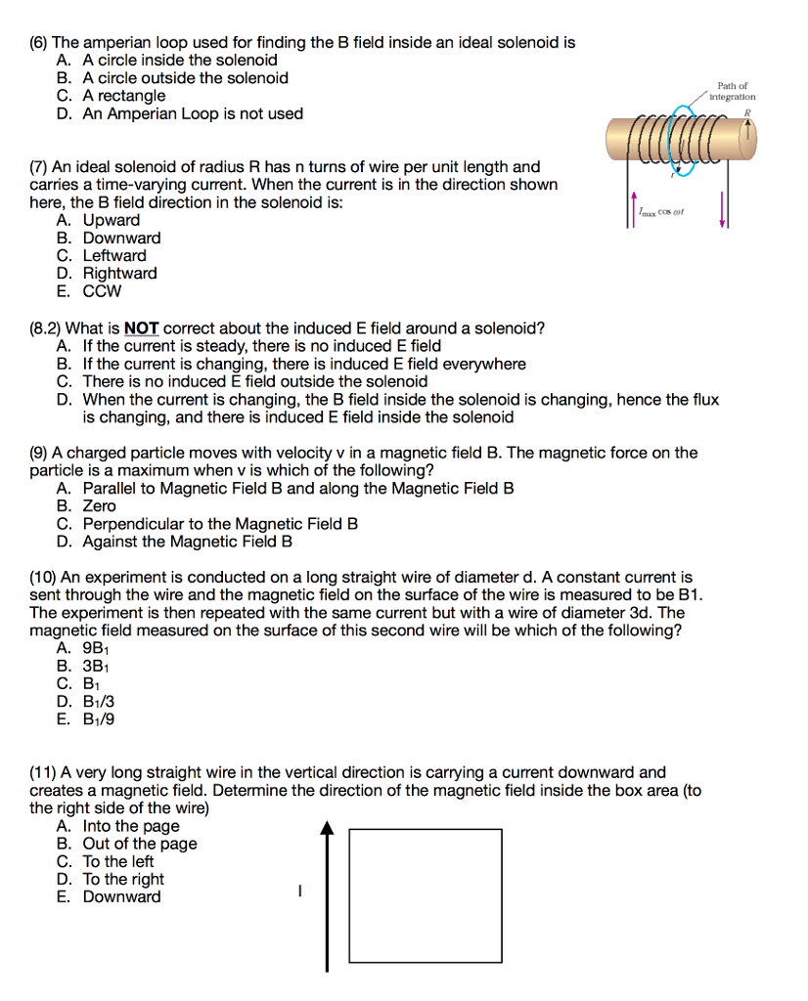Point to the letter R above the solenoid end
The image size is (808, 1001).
tap(746, 112)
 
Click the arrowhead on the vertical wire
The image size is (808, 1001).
tap(328, 830)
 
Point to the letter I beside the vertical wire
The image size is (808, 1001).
tap(300, 891)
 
